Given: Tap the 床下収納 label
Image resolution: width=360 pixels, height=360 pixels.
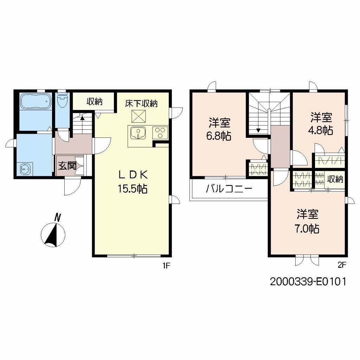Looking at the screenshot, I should pyautogui.click(x=142, y=103).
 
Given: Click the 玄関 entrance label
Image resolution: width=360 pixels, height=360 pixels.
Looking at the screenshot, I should pyautogui.click(x=67, y=166).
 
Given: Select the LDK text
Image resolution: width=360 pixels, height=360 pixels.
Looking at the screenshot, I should pyautogui.click(x=132, y=175).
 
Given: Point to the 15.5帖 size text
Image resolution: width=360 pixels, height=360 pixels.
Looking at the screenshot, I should pyautogui.click(x=132, y=189).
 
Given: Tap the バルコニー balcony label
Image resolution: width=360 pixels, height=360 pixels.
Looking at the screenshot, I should pyautogui.click(x=229, y=189).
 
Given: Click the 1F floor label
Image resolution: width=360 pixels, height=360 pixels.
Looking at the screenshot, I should pyautogui.click(x=166, y=266).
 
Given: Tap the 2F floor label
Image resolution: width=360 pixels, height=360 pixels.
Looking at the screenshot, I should pyautogui.click(x=342, y=265).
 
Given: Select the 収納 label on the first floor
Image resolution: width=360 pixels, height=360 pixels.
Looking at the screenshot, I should pyautogui.click(x=94, y=102).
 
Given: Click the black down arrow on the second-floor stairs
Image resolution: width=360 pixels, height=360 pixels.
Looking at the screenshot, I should pyautogui.click(x=258, y=130).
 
